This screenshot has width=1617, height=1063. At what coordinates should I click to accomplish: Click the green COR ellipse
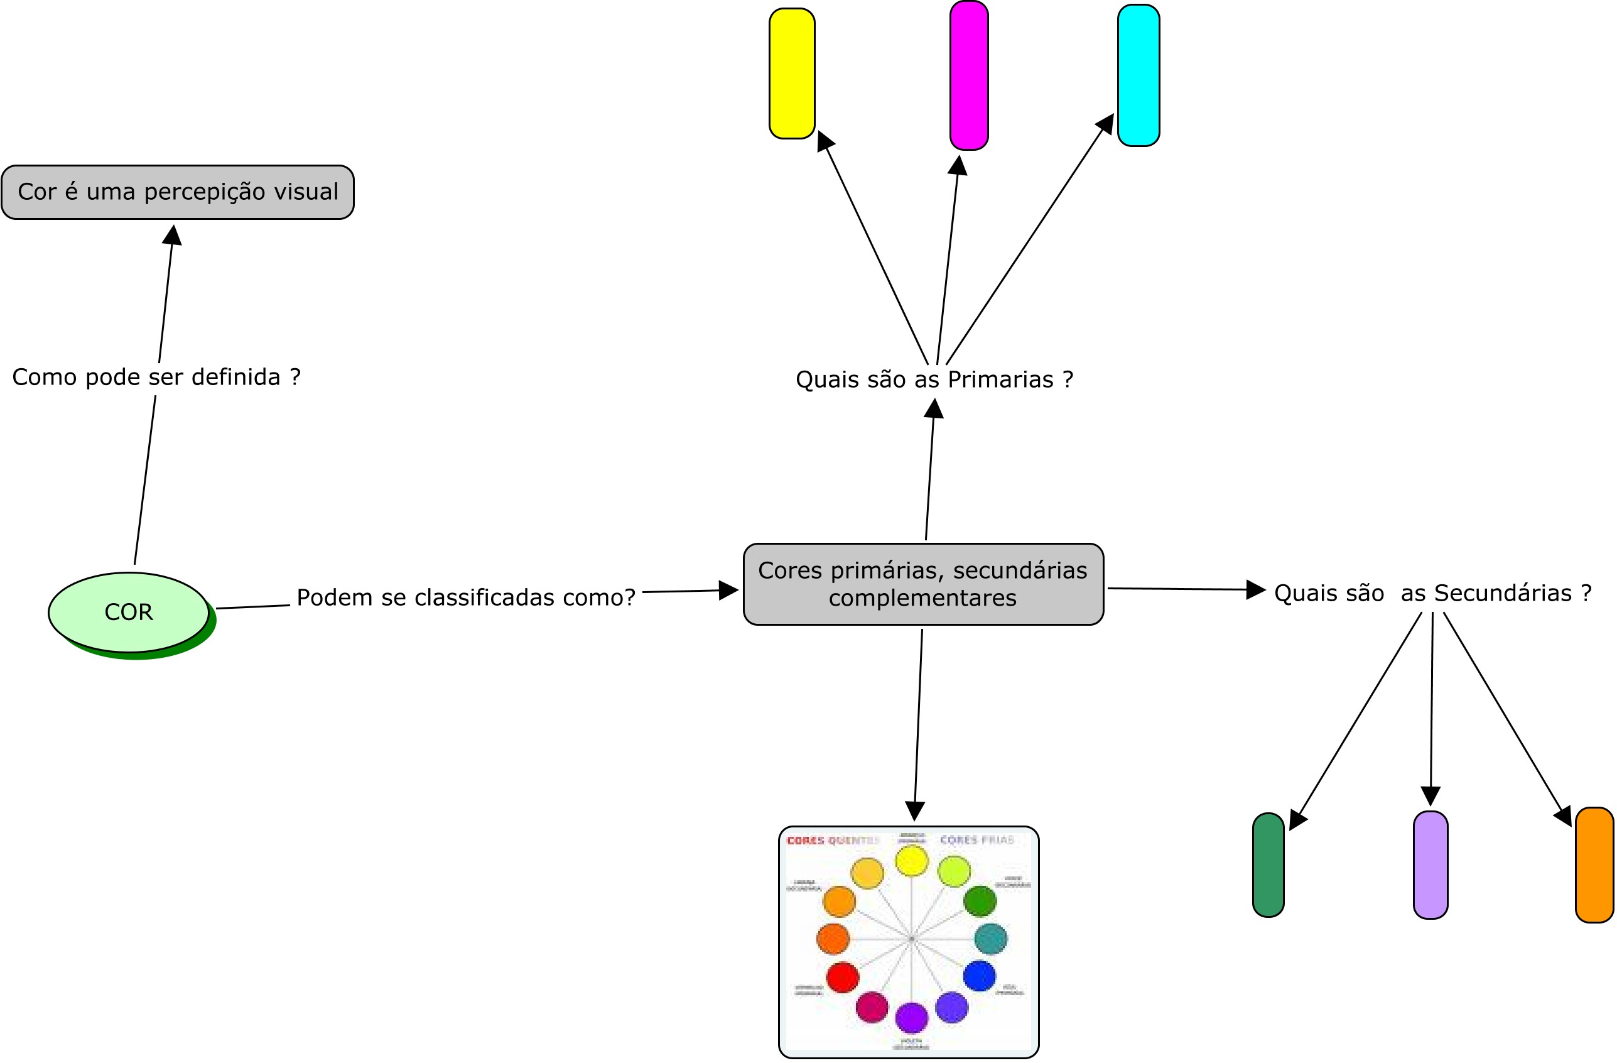point(128,613)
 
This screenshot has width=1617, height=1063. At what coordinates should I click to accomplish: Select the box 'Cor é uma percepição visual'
point(177,192)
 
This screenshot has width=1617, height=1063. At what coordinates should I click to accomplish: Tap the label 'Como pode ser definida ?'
point(156,377)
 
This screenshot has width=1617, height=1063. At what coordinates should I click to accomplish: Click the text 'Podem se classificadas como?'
point(466,597)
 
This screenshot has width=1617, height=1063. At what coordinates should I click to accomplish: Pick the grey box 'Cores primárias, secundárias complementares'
point(922,584)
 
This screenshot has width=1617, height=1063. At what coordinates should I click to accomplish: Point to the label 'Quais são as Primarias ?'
point(934,379)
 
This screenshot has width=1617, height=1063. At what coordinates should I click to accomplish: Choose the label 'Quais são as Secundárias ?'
point(1432,593)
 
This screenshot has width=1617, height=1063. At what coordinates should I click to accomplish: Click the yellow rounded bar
point(791,74)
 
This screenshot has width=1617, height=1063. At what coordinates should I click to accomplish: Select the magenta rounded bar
point(969,75)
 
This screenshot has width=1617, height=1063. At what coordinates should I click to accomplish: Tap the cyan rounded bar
point(1138,75)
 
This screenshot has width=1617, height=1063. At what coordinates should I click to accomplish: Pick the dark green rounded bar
point(1268,865)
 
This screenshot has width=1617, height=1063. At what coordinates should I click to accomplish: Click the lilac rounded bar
point(1430,865)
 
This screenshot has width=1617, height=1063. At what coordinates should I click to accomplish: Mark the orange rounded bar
point(1594,865)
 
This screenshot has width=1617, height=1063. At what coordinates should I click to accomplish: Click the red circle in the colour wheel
point(843,978)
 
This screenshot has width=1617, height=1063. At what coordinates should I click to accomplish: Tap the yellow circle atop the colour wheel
point(911,861)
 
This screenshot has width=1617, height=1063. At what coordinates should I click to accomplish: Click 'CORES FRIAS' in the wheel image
point(976,840)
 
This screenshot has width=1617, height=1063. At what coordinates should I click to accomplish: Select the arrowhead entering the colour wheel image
point(915,811)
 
